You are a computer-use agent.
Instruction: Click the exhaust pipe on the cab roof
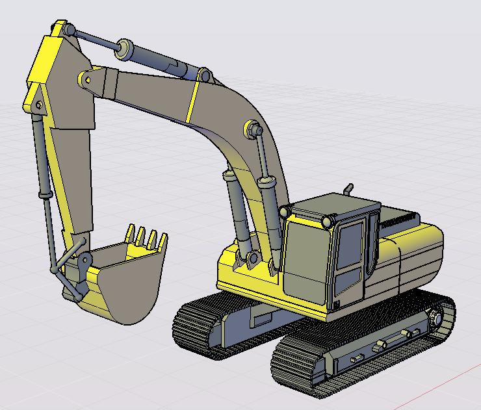[x=348, y=189]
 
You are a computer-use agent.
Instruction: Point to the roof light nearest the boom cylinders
[x=284, y=211]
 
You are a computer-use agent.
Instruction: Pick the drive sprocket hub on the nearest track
[x=435, y=320]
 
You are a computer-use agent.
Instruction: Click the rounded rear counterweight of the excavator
[x=422, y=260]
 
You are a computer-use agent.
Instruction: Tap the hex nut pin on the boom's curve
[x=250, y=127]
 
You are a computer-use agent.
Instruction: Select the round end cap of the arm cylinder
[x=121, y=47]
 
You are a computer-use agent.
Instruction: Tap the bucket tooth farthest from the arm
[x=155, y=238]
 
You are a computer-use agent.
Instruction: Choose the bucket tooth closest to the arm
[x=130, y=232]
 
